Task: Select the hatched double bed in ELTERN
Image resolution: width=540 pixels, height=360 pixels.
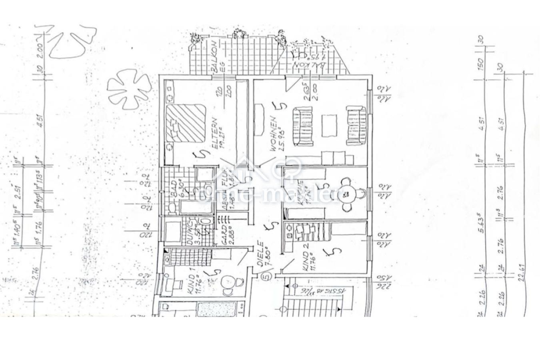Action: tap(186, 122)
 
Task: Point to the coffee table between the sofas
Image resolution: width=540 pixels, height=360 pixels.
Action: tap(329, 125)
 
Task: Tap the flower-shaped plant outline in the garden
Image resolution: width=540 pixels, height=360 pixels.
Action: tap(129, 88)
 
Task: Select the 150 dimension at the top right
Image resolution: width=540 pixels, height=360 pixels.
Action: tap(481, 63)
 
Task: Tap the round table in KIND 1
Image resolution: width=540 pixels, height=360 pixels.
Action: tap(228, 281)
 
